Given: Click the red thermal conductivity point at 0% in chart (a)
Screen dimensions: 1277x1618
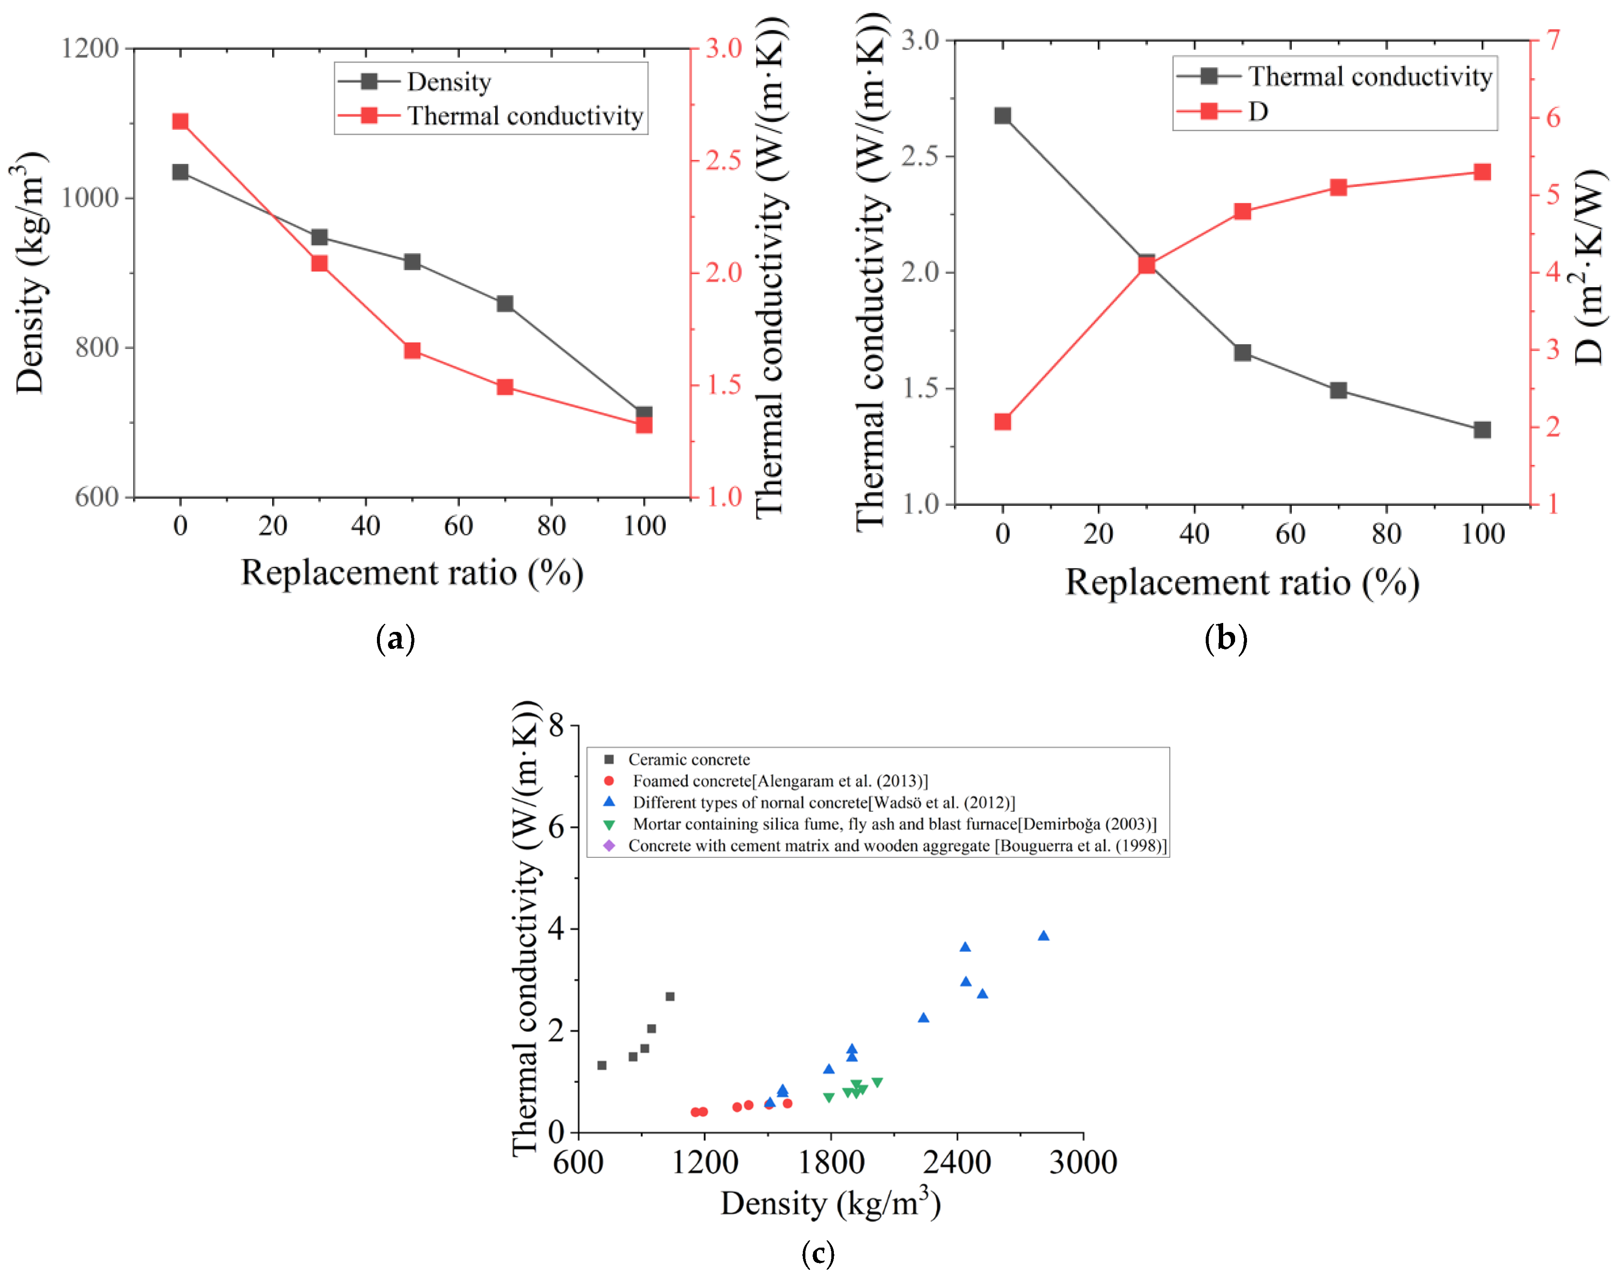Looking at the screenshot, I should (180, 122).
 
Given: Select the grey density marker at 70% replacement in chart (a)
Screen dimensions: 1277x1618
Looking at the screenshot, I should (505, 303).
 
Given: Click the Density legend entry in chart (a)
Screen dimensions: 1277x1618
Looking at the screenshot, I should (448, 82).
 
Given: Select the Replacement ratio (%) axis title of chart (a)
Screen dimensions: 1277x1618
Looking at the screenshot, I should (412, 574).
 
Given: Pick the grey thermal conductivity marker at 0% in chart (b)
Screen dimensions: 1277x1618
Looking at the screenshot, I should (1003, 116).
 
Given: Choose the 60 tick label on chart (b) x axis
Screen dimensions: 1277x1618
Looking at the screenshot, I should (1291, 534).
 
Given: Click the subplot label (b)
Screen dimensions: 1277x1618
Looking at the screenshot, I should (1226, 639).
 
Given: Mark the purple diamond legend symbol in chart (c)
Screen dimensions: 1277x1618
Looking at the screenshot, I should (609, 846).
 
